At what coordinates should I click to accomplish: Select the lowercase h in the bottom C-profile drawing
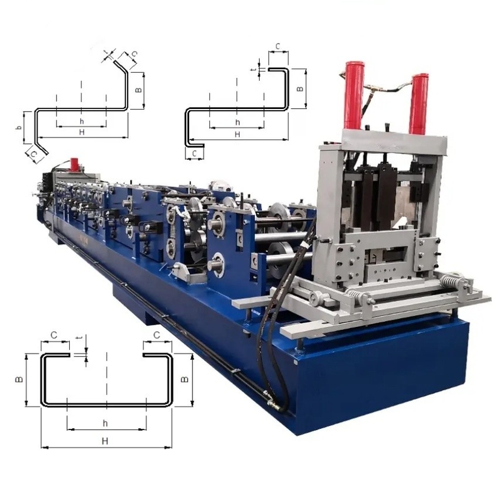point(105,423)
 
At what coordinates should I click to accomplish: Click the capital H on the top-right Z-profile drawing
point(237,134)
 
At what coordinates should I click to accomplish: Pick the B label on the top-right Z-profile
point(300,89)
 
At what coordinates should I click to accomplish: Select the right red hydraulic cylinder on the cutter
point(419,103)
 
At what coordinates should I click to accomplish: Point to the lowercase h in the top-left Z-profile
point(82,120)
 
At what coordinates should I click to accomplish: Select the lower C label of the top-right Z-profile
point(195,151)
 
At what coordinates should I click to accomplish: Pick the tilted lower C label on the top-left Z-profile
point(35,151)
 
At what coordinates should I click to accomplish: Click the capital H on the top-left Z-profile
point(82,133)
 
